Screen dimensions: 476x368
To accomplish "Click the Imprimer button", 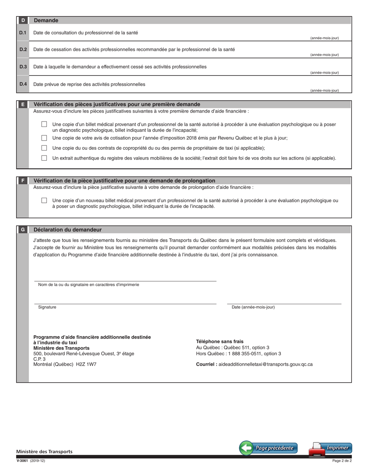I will point(330,448).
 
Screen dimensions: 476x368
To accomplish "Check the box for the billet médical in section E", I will point(44,124).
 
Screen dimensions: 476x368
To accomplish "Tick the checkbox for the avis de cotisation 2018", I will point(44,138).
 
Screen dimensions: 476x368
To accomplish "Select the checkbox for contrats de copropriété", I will point(44,148).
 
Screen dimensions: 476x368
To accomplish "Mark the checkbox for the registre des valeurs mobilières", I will point(44,158).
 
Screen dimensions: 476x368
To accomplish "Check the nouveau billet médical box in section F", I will point(44,200).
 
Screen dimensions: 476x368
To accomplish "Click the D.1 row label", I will point(23,33).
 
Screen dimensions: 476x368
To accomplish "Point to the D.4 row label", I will point(23,84).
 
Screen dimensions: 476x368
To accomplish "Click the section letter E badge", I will point(23,104).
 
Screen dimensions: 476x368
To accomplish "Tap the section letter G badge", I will point(23,230).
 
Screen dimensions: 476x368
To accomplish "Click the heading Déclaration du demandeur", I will point(68,230).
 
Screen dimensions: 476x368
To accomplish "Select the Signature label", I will point(47,307).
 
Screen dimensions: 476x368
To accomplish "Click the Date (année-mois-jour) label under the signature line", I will point(253,307).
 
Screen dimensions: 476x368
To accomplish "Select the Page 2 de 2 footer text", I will point(342,461).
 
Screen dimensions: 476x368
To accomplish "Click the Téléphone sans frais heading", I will point(220,341).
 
